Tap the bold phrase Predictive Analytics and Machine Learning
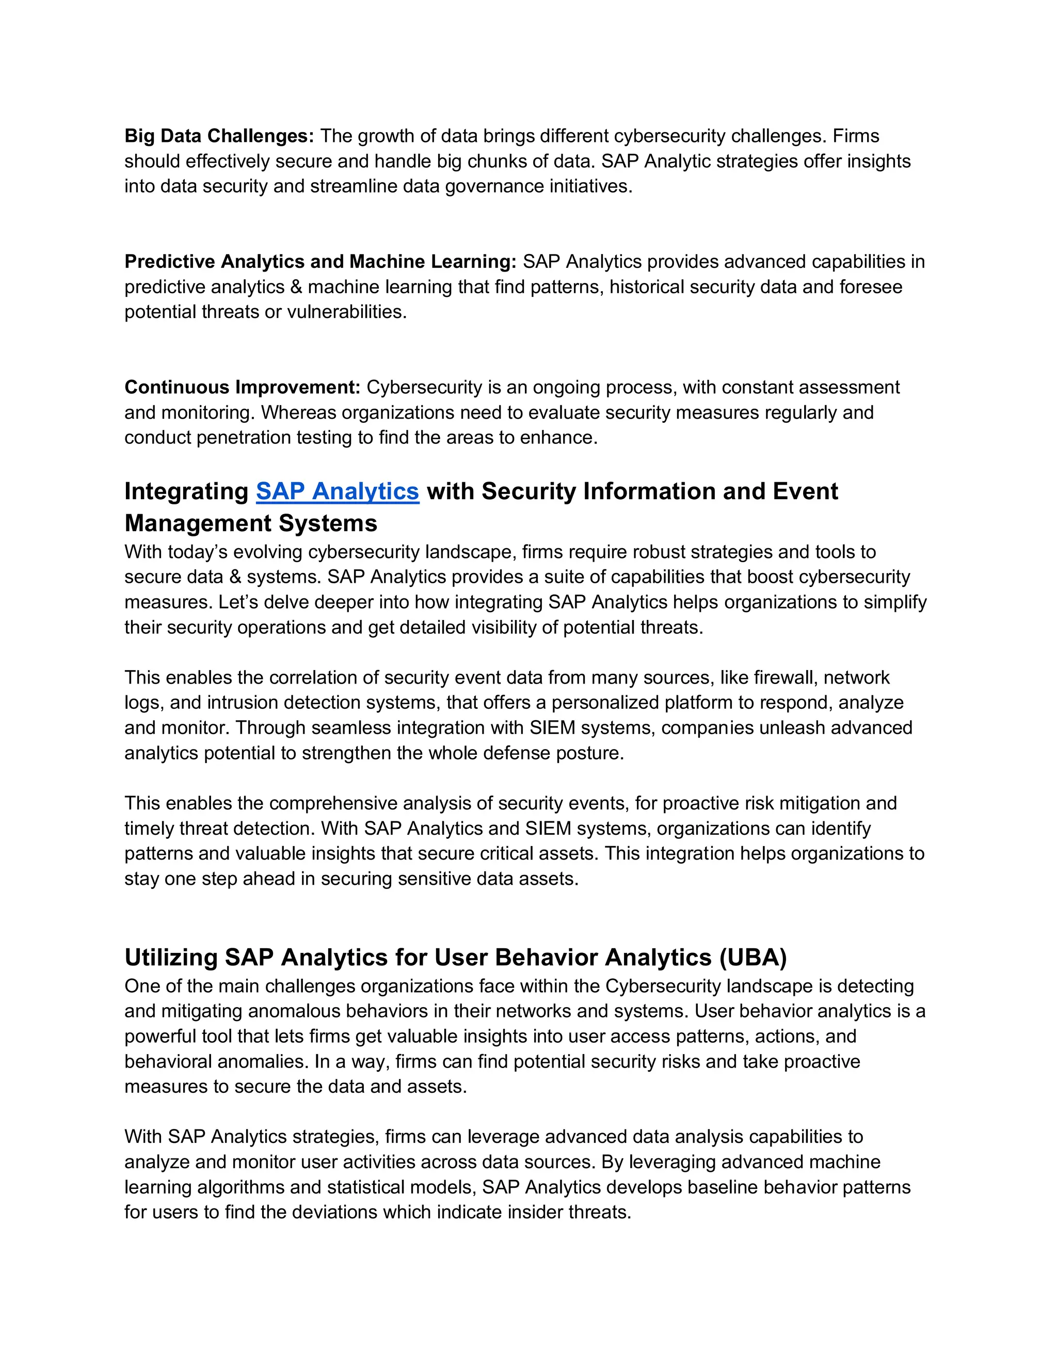pyautogui.click(x=320, y=261)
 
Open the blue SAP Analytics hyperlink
pyautogui.click(x=337, y=491)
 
